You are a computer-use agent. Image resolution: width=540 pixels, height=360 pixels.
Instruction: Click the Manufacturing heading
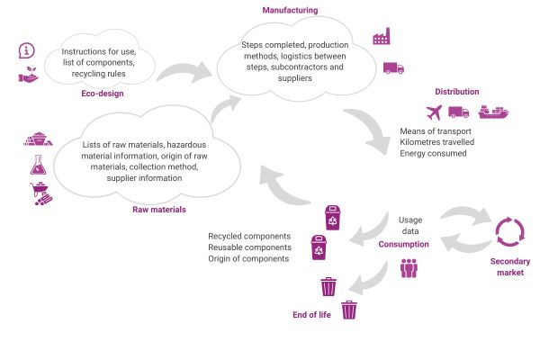pyautogui.click(x=289, y=10)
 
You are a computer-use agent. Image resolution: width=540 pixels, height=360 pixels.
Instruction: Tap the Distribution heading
pyautogui.click(x=456, y=92)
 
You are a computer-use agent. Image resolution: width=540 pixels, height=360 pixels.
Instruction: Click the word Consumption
pyautogui.click(x=403, y=244)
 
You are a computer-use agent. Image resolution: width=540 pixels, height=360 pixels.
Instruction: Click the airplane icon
pyautogui.click(x=435, y=112)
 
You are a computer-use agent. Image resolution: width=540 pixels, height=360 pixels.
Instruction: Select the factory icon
pyautogui.click(x=382, y=37)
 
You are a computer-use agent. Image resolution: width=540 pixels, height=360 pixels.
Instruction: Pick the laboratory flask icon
pyautogui.click(x=38, y=165)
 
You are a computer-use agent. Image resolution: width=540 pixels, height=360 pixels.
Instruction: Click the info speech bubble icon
pyautogui.click(x=26, y=51)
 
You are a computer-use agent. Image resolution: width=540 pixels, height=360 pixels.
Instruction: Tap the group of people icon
pyautogui.click(x=409, y=267)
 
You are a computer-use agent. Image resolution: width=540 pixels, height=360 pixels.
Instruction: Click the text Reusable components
pyautogui.click(x=248, y=247)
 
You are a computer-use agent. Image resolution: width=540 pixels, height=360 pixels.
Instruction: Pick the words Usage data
pyautogui.click(x=410, y=226)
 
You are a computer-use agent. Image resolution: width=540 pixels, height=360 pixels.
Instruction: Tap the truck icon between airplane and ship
pyautogui.click(x=459, y=112)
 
